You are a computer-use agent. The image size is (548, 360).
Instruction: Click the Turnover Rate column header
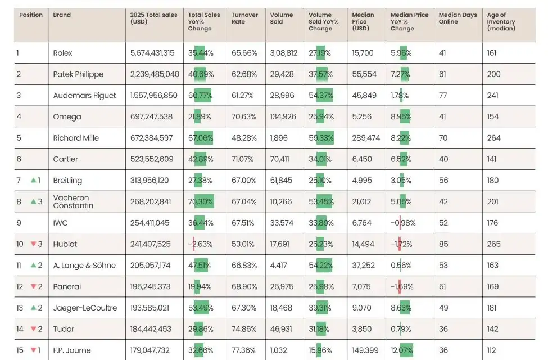click(x=244, y=19)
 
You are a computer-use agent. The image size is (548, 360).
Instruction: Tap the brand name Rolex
click(x=62, y=53)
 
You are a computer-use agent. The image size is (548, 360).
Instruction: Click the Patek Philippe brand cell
click(x=78, y=74)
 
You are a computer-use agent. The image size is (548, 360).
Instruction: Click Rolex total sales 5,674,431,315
click(x=152, y=53)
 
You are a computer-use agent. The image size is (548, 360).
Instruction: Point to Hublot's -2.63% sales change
click(x=200, y=244)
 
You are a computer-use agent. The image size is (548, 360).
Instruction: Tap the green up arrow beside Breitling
click(x=33, y=181)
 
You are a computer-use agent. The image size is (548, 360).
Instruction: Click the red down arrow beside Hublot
click(x=33, y=244)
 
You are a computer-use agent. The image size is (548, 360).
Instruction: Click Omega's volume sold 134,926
click(x=283, y=117)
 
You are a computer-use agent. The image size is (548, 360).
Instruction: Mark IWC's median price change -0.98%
click(x=403, y=223)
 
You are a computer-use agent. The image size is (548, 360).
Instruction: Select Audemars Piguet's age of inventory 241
click(x=493, y=96)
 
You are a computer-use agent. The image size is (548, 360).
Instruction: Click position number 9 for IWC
click(x=19, y=223)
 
